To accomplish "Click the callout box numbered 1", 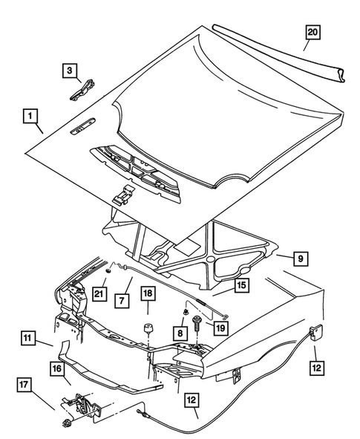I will click(x=30, y=116).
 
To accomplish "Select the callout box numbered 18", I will click(x=148, y=296).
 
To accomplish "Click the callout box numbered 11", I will click(x=27, y=339).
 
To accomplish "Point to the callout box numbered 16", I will click(x=57, y=367).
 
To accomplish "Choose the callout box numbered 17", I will click(x=24, y=385).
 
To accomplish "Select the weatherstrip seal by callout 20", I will click(x=282, y=51).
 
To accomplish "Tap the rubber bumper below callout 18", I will click(x=148, y=329).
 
